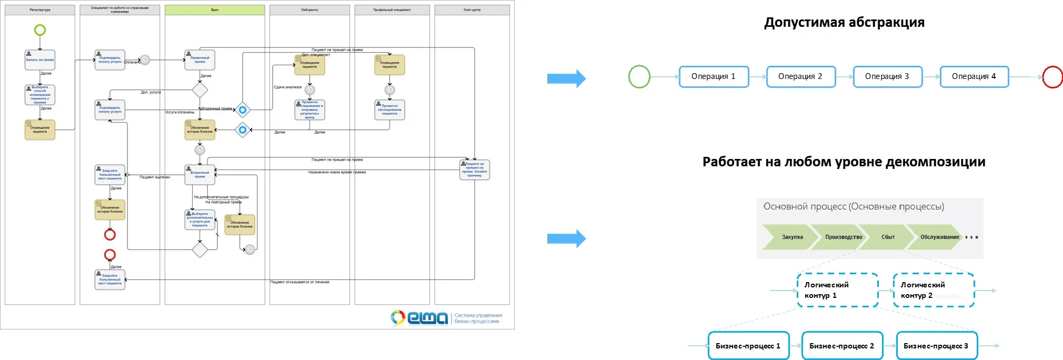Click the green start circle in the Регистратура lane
point(40,30)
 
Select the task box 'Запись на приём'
point(40,59)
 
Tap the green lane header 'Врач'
point(215,10)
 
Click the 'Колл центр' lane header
point(472,10)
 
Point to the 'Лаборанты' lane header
point(309,10)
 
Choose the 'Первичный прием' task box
point(200,60)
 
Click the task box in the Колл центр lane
point(475,169)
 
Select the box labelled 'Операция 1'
point(714,77)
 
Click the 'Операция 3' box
point(887,77)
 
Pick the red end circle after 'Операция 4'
point(1052,77)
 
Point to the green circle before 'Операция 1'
point(639,77)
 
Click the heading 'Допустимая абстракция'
point(844,23)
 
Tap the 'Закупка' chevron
point(791,237)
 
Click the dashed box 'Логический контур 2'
point(934,290)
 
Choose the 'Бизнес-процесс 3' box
point(937,346)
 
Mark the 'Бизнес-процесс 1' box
point(748,346)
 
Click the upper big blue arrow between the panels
point(566,79)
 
